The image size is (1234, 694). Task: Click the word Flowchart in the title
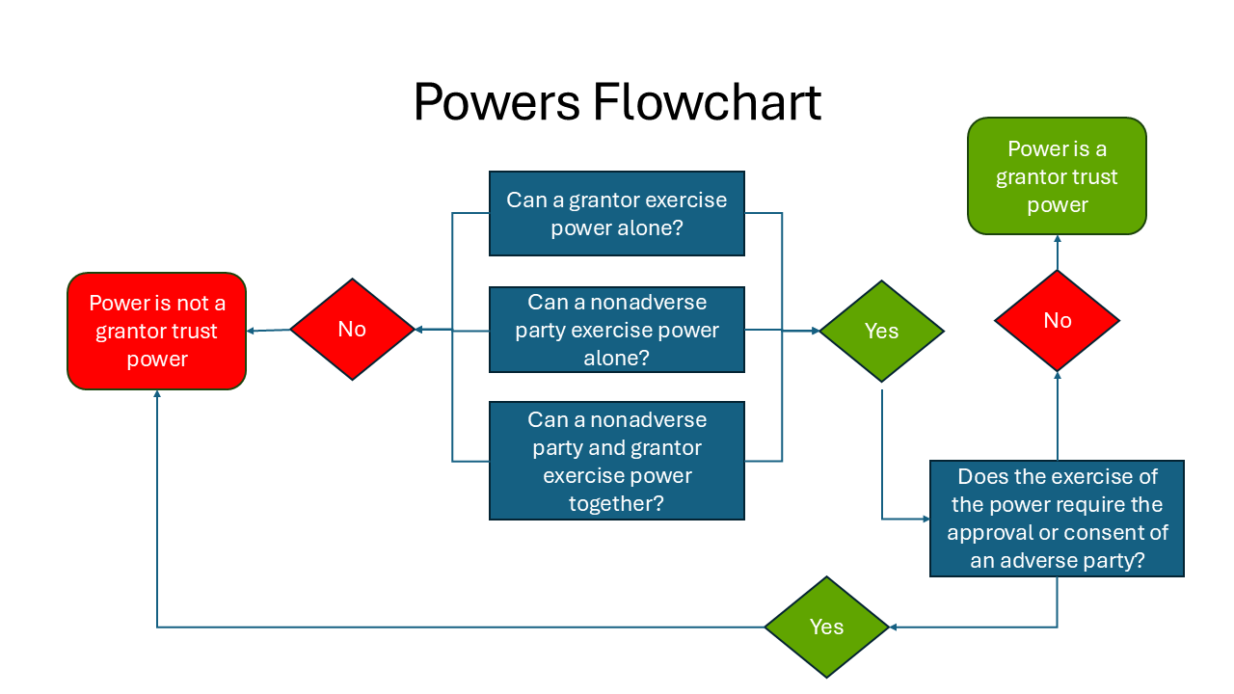pyautogui.click(x=707, y=102)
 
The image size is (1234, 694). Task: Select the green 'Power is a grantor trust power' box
pyautogui.click(x=1057, y=176)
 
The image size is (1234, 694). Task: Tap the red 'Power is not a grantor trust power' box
pyautogui.click(x=156, y=331)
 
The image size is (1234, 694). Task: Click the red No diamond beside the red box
pyautogui.click(x=352, y=330)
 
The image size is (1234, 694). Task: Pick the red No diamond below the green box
pyautogui.click(x=1057, y=321)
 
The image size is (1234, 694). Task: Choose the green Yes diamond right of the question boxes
pyautogui.click(x=881, y=331)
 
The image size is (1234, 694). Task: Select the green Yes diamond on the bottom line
pyautogui.click(x=826, y=627)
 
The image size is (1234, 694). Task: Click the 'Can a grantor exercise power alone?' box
pyautogui.click(x=616, y=213)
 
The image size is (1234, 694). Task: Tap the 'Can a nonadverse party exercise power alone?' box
pyautogui.click(x=616, y=330)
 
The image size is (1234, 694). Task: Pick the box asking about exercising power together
pyautogui.click(x=616, y=461)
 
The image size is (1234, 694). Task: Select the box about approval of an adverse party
pyautogui.click(x=1057, y=519)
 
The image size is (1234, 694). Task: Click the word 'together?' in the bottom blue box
pyautogui.click(x=616, y=503)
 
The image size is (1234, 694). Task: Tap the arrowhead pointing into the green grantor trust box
pyautogui.click(x=1057, y=239)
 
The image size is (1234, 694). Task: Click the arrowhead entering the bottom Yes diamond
pyautogui.click(x=894, y=627)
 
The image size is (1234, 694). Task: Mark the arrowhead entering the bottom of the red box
pyautogui.click(x=156, y=394)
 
